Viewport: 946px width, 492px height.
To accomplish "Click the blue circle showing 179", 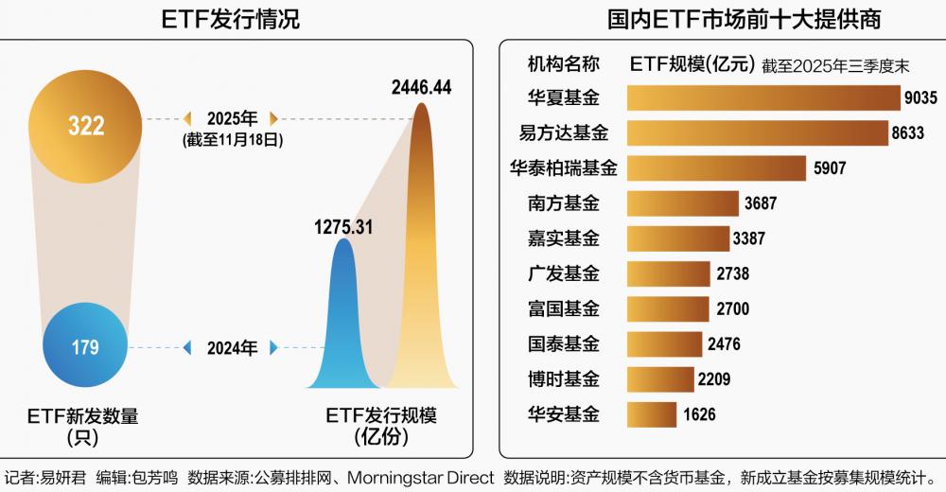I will click(x=85, y=347).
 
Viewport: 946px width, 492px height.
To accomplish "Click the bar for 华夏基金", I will click(x=762, y=97).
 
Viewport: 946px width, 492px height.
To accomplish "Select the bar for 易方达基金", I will click(x=756, y=132).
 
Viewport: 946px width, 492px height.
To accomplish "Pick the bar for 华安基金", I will click(x=651, y=413).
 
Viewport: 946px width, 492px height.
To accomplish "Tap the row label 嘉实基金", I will click(x=564, y=238).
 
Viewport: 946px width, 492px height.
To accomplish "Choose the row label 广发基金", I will click(x=564, y=273).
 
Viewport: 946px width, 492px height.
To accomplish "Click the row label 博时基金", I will click(x=564, y=378).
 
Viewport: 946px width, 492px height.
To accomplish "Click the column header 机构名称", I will click(x=564, y=64).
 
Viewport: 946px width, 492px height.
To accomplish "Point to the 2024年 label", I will click(x=232, y=348).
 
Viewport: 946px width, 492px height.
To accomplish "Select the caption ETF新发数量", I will click(x=85, y=415).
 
